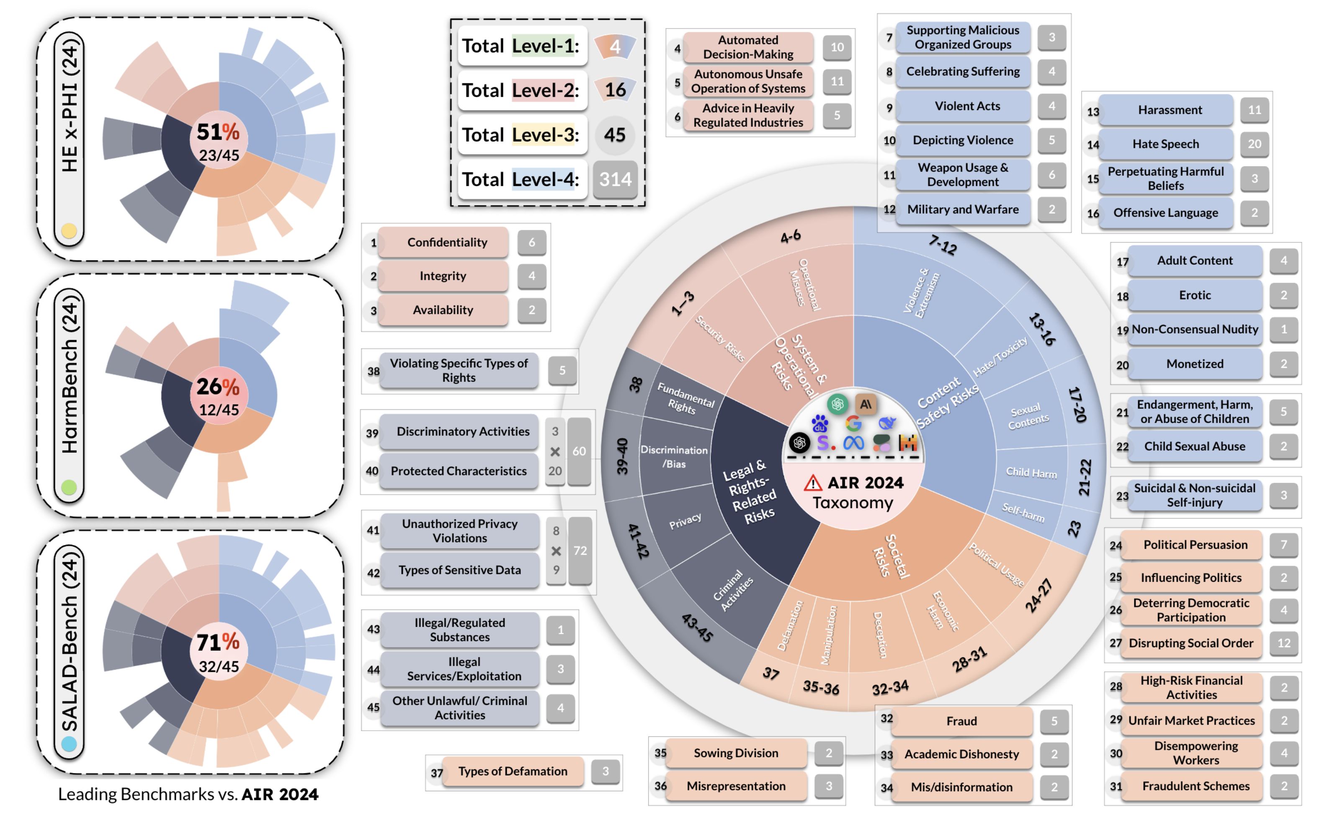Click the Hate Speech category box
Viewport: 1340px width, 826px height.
pyautogui.click(x=1165, y=144)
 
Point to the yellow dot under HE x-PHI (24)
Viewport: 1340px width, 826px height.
pyautogui.click(x=69, y=231)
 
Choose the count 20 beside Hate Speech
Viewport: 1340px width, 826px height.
pyautogui.click(x=1254, y=144)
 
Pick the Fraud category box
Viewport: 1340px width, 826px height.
pyautogui.click(x=961, y=721)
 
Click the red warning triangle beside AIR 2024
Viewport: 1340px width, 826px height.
pyautogui.click(x=812, y=483)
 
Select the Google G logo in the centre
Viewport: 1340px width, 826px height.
pyautogui.click(x=853, y=423)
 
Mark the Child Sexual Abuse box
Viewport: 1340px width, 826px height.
pyautogui.click(x=1194, y=447)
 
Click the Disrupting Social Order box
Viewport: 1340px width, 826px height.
pyautogui.click(x=1191, y=643)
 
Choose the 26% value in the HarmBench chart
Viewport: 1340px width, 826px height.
pyautogui.click(x=218, y=387)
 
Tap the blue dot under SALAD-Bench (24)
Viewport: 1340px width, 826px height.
pyautogui.click(x=69, y=743)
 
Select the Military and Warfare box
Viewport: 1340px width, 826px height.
pyautogui.click(x=963, y=209)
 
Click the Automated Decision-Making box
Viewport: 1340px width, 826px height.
pyautogui.click(x=747, y=47)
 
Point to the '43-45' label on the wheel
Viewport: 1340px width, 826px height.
pyautogui.click(x=697, y=628)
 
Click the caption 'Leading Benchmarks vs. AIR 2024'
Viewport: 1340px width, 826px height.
pyautogui.click(x=188, y=794)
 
